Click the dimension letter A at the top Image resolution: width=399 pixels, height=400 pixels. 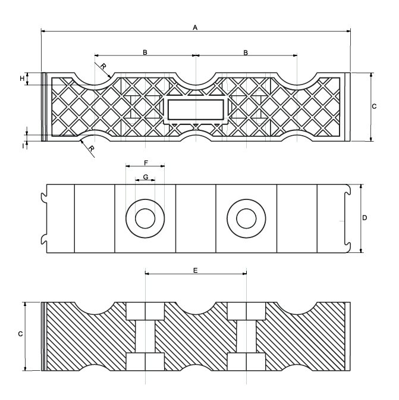195,27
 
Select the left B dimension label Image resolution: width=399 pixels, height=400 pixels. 144,52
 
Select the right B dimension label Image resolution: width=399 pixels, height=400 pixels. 246,52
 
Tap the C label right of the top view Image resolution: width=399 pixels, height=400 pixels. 374,107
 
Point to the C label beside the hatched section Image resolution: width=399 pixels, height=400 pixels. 20,335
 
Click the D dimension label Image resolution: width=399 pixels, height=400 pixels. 365,218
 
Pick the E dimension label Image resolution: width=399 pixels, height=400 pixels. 196,270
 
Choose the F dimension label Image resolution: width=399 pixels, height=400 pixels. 146,162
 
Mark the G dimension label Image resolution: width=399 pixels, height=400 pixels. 146,177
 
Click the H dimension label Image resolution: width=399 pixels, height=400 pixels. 22,79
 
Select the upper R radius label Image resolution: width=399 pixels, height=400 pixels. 103,65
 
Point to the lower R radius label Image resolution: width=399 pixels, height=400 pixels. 91,149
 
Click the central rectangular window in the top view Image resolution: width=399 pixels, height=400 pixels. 196,110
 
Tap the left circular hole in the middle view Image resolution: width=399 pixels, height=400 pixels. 145,218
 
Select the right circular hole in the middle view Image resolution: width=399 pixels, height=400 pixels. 246,218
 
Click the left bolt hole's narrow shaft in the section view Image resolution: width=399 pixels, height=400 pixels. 146,337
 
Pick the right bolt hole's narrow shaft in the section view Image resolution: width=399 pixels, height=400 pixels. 246,337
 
